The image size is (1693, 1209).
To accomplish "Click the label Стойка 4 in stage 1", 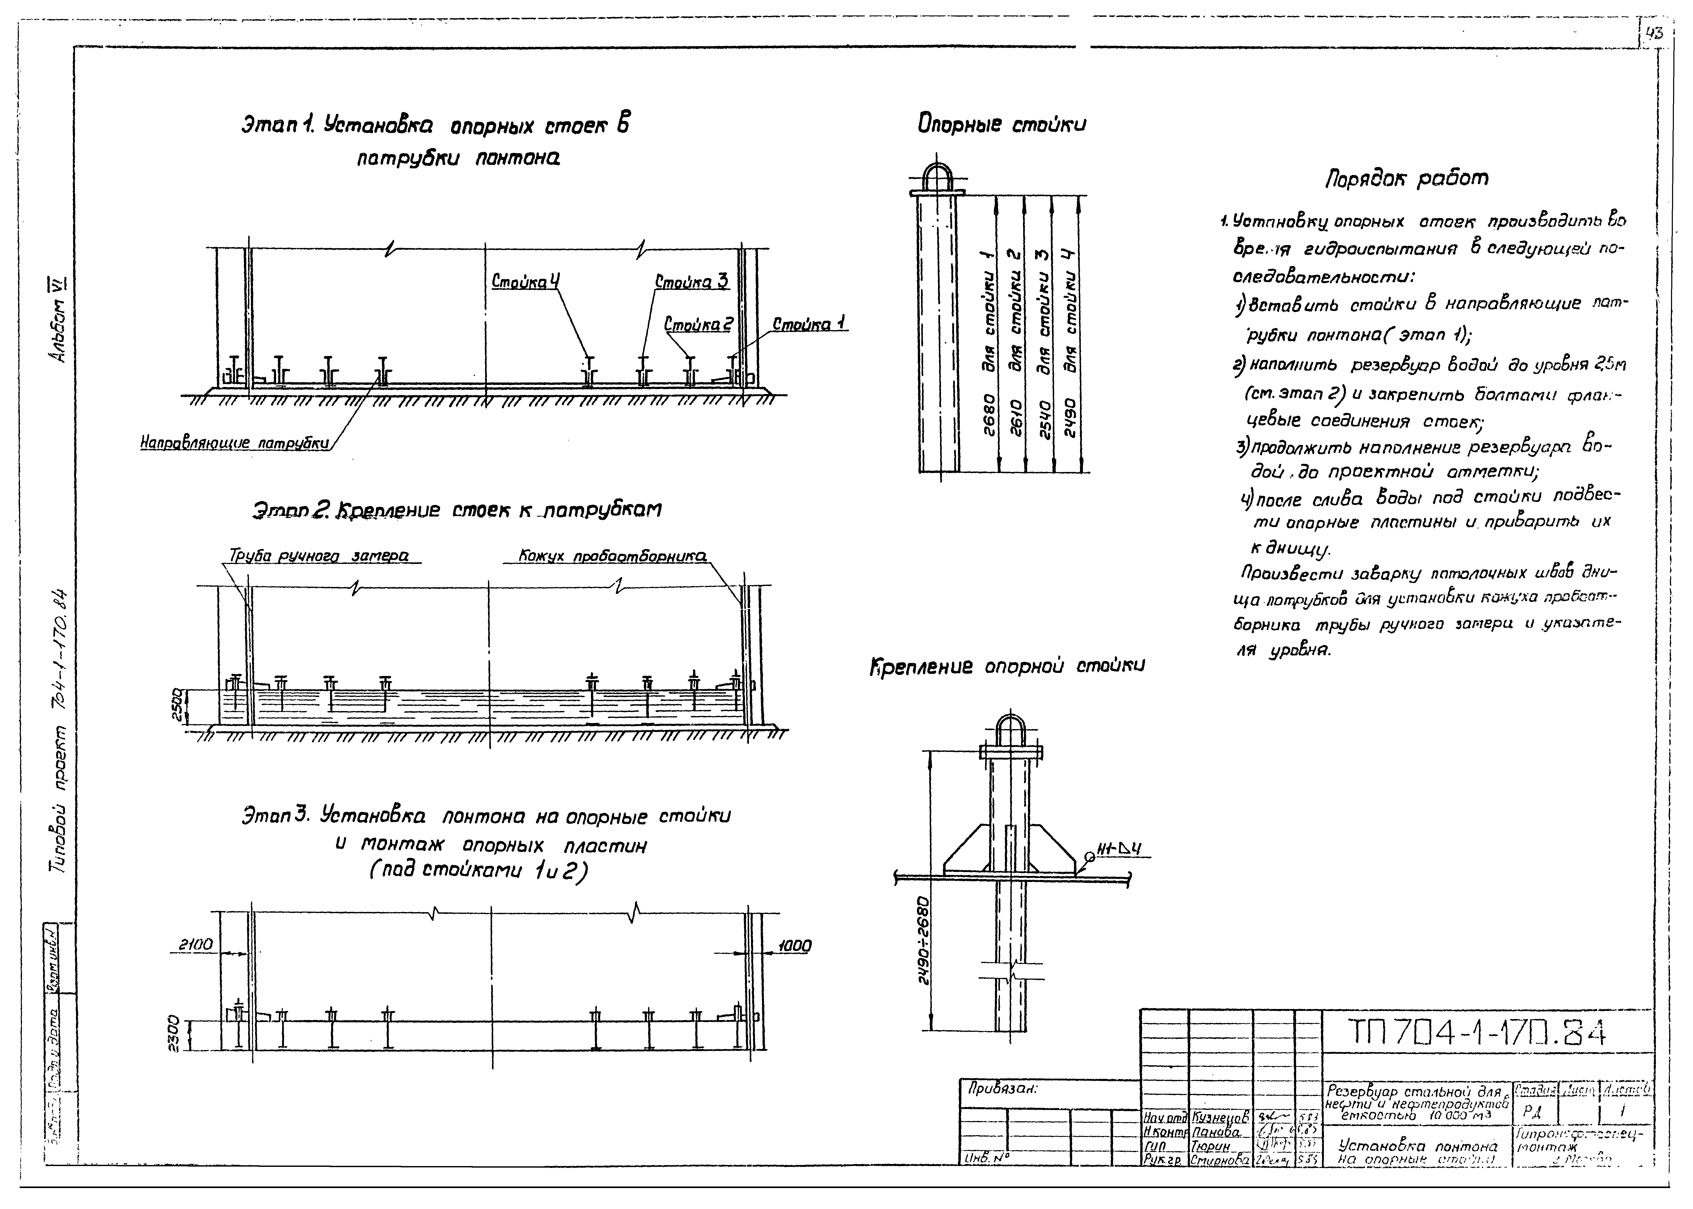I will click(x=525, y=282).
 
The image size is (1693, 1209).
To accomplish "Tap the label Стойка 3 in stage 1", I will click(x=691, y=282).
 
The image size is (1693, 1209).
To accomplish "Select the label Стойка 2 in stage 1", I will click(x=698, y=325).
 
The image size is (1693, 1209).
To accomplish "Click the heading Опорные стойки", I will click(x=1002, y=124).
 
